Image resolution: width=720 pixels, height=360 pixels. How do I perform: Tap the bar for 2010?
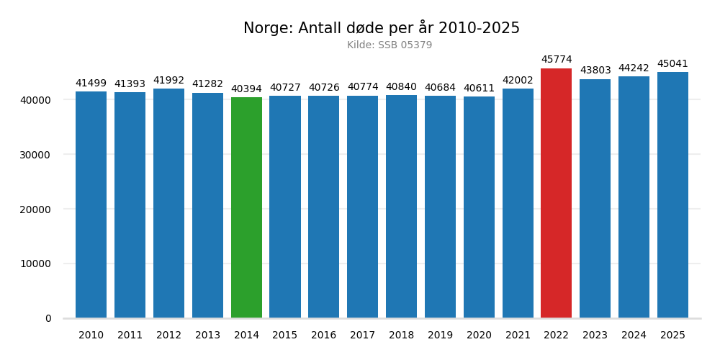91,204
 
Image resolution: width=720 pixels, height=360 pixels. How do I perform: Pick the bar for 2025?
672,194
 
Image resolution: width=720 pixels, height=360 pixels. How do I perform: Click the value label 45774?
557,60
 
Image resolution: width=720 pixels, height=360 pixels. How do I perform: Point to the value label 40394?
246,89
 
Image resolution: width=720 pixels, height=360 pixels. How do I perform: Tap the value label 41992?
168,81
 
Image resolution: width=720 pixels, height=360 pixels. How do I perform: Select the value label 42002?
518,81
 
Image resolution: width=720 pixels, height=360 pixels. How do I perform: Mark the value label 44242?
634,68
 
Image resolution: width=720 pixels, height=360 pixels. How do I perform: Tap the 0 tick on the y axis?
48,318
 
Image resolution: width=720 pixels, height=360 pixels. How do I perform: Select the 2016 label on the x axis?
323,336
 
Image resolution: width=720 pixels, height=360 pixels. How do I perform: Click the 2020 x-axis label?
479,336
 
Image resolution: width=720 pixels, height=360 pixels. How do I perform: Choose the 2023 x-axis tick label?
595,336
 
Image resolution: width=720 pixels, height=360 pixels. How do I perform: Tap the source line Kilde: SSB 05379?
390,45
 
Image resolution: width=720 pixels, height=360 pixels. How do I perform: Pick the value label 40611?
479,89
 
